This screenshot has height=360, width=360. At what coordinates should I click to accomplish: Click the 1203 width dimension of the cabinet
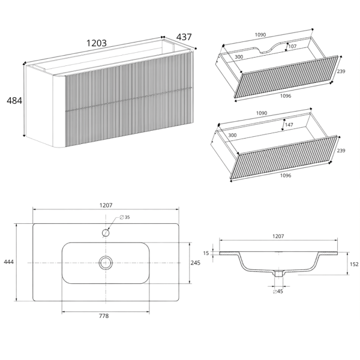(x=97, y=43)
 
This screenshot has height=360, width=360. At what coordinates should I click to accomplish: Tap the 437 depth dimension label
(x=184, y=37)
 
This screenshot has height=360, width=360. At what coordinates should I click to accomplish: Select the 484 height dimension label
(x=14, y=101)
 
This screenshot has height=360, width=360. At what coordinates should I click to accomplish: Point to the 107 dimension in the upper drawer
(x=292, y=46)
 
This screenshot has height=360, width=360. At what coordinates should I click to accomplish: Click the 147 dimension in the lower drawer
(x=289, y=125)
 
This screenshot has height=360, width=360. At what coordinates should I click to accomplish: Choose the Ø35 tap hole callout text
(x=125, y=217)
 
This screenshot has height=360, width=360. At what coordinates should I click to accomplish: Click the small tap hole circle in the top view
(x=106, y=233)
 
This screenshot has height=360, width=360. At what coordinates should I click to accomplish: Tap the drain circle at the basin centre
(x=106, y=263)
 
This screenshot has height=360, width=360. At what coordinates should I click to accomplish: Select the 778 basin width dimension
(x=104, y=316)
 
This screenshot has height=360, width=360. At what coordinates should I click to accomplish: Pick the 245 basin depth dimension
(x=196, y=263)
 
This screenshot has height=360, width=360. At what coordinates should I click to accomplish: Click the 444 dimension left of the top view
(x=9, y=262)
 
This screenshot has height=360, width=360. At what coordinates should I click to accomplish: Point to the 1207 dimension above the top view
(x=106, y=205)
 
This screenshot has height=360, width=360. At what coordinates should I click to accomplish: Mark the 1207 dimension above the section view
(x=278, y=236)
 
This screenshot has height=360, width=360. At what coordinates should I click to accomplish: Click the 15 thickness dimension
(x=206, y=253)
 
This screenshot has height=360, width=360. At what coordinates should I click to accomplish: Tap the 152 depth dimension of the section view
(x=354, y=264)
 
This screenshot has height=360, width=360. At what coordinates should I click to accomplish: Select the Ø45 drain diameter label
(x=278, y=292)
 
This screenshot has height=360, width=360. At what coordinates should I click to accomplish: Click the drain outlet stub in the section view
(x=278, y=274)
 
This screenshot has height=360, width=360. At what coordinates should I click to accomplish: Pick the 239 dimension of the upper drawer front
(x=341, y=71)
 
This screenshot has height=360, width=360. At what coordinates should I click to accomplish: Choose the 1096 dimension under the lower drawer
(x=286, y=176)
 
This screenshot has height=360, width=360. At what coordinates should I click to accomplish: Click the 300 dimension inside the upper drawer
(x=239, y=57)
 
